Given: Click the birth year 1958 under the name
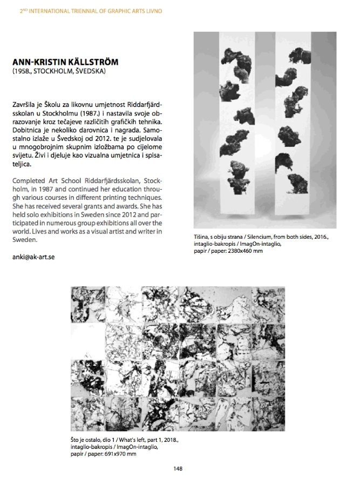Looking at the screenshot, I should click(x=22, y=71).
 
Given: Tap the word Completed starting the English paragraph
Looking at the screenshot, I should click(x=28, y=179).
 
